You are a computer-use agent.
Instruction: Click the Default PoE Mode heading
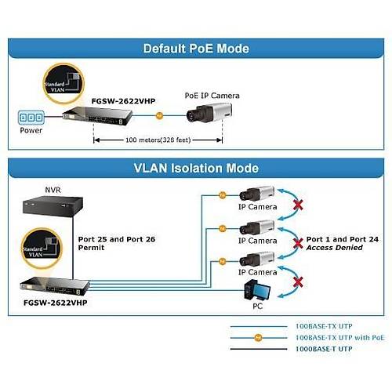[195, 49]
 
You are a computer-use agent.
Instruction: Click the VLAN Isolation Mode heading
[195, 168]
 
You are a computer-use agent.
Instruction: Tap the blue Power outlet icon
[31, 117]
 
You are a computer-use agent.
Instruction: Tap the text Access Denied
[335, 247]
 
